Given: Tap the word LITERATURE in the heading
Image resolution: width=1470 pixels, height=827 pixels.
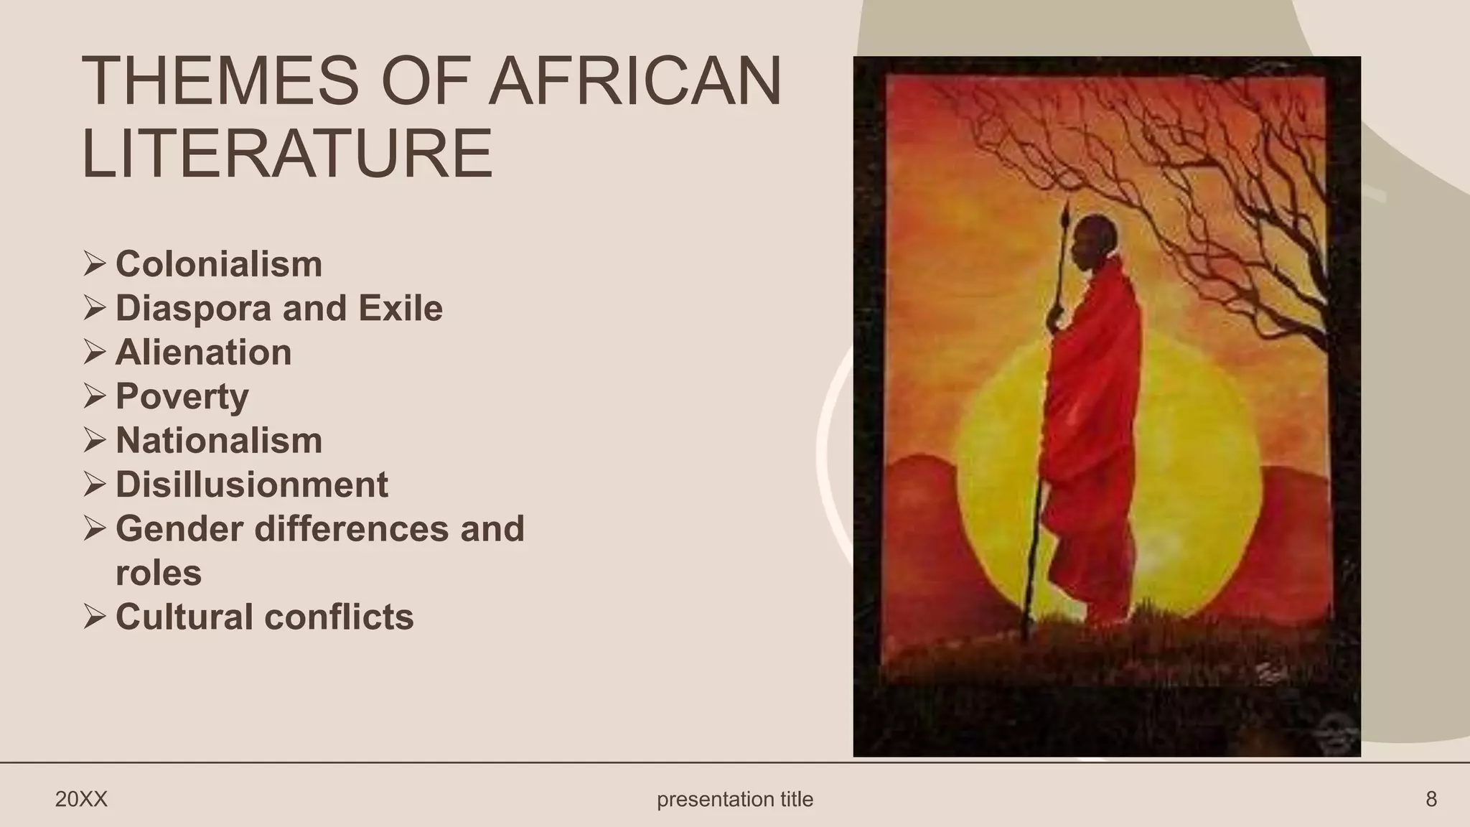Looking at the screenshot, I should [288, 154].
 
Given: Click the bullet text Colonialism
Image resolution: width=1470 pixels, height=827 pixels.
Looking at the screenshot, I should [219, 264].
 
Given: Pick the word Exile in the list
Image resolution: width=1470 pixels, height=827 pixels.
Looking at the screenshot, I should [400, 309].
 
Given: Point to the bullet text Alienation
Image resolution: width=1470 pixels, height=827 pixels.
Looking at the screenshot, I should [203, 352].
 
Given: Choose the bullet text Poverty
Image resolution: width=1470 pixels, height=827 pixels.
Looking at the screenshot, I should [182, 397].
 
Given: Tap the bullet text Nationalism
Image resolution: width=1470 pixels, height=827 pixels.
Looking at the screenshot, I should [219, 441].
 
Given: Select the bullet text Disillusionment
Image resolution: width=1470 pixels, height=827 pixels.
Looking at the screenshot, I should [251, 485].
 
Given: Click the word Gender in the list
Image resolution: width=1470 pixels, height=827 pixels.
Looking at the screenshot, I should [179, 529].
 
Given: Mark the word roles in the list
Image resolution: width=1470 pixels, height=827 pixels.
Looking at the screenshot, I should [159, 573].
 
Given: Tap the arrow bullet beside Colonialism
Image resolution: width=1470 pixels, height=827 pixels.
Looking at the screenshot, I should [94, 263].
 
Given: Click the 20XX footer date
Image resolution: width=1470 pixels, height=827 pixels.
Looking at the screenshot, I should [81, 799].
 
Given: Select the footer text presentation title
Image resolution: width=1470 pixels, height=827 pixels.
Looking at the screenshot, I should [735, 799].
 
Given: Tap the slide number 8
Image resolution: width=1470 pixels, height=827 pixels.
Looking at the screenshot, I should [1431, 799].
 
